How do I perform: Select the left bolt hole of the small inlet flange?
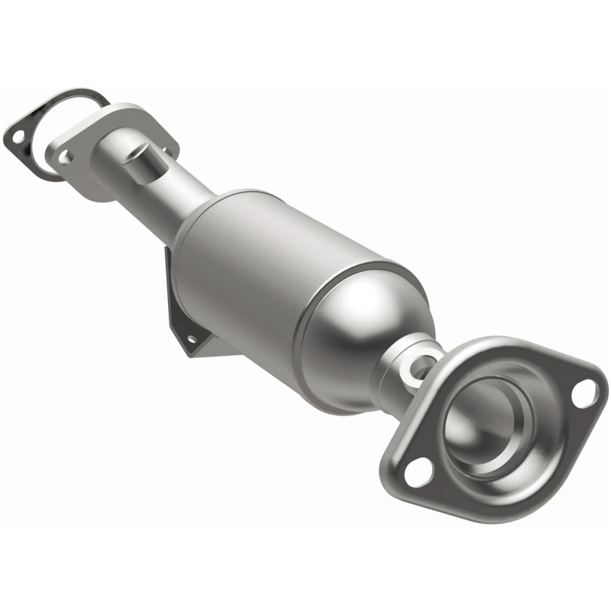[66, 156]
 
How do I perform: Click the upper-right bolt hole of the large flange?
[584, 391]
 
